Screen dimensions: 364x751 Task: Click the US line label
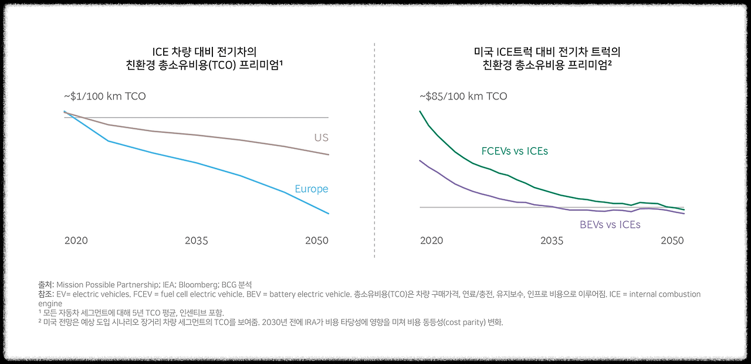tap(320, 138)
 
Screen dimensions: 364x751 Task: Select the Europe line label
tap(311, 189)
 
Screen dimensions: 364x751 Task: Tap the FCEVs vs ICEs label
tap(515, 151)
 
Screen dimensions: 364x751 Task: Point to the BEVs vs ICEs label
tap(610, 225)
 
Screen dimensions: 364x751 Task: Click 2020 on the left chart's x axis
tap(76, 241)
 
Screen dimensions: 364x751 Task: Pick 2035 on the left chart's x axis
tap(197, 241)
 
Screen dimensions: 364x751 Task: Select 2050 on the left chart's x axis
tap(317, 241)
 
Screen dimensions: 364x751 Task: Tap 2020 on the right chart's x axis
tap(431, 241)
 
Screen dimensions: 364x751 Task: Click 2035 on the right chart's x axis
tap(552, 241)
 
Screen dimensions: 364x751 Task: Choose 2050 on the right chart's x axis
tap(672, 241)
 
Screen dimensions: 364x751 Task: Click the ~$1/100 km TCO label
tap(105, 96)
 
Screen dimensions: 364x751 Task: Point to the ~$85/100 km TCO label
tap(463, 96)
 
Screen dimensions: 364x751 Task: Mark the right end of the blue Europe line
tap(329, 213)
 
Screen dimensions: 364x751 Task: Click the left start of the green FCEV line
tap(420, 111)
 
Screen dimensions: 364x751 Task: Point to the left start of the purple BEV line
tap(420, 160)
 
